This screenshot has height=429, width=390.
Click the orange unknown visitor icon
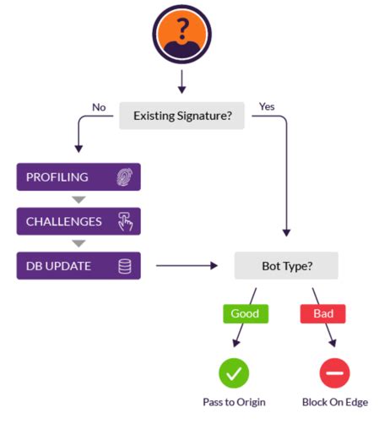(181, 35)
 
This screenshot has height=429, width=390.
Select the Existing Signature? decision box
(181, 115)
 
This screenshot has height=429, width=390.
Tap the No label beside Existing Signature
(99, 107)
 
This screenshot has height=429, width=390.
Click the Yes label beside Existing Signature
(267, 107)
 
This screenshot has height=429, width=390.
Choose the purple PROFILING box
(79, 177)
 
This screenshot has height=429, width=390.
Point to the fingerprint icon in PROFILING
(125, 177)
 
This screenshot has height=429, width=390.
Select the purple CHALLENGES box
(79, 221)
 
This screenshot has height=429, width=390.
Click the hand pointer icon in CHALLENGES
(125, 221)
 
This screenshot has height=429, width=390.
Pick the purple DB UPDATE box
(79, 266)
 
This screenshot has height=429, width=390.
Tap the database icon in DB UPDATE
(125, 266)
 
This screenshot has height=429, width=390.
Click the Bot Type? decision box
(286, 266)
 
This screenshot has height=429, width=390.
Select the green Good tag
(246, 313)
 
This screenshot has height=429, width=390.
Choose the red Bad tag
(323, 313)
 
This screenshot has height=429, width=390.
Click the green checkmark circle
(235, 372)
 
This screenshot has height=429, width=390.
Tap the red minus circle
(335, 372)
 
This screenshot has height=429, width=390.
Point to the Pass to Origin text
(235, 402)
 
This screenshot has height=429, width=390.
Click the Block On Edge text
(335, 402)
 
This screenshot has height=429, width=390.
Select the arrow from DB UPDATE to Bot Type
(187, 266)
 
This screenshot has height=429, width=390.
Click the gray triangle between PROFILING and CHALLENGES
(79, 200)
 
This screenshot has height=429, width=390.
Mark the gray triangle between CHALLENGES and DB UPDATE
(79, 244)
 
